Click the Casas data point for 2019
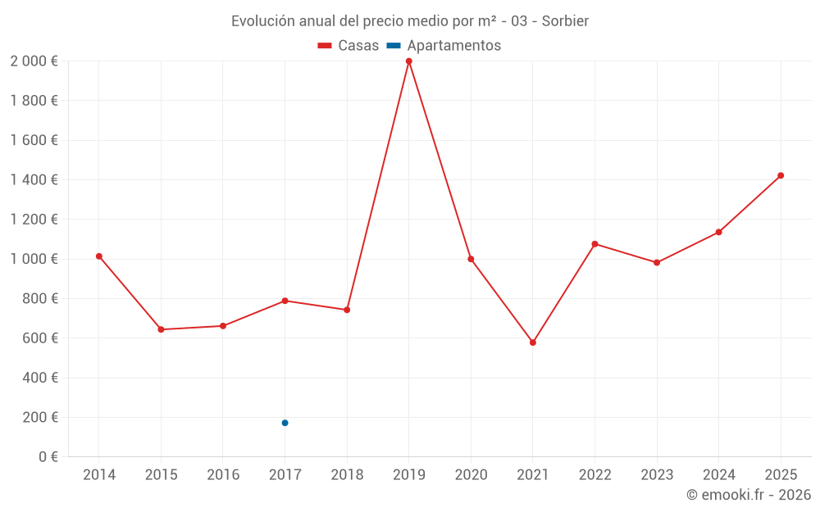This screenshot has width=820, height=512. click(x=408, y=61)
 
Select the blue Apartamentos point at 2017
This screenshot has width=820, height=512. click(x=285, y=423)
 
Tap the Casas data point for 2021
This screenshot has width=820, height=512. click(x=533, y=342)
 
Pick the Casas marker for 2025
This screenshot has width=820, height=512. click(x=781, y=175)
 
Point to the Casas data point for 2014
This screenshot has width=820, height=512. click(x=99, y=256)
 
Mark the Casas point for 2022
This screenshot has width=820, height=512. click(x=594, y=244)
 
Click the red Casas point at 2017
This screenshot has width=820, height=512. click(x=285, y=301)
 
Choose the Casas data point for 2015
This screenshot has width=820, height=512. click(x=161, y=329)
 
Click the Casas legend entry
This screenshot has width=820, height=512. click(x=348, y=46)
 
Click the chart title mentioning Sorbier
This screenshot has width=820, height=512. click(x=410, y=21)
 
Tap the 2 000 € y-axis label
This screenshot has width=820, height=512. click(x=34, y=61)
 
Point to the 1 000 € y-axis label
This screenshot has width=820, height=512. click(x=34, y=259)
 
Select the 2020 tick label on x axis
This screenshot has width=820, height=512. click(x=471, y=475)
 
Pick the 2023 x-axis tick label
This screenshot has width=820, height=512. click(x=657, y=475)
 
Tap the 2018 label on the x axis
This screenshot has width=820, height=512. click(x=347, y=475)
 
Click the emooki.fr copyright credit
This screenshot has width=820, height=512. click(x=748, y=495)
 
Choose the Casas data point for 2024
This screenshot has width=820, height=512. click(x=718, y=232)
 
